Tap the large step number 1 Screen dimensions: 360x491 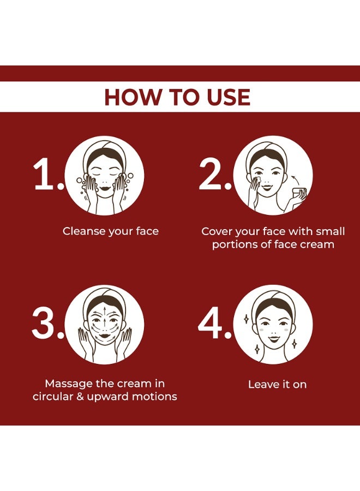point(43,174)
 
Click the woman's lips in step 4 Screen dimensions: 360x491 point(273,338)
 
